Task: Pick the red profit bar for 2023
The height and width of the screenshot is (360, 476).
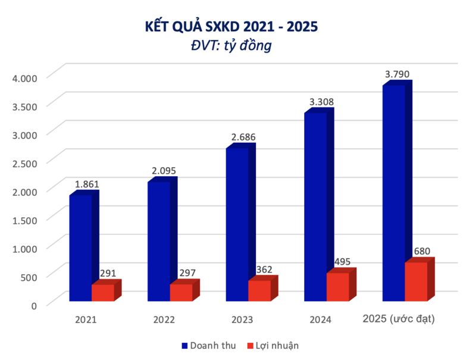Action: [259, 290]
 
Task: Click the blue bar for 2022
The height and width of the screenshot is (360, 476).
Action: [159, 241]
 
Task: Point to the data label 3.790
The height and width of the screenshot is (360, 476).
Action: [397, 74]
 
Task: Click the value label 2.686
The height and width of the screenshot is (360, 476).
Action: [243, 137]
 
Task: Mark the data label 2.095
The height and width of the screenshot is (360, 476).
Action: [164, 171]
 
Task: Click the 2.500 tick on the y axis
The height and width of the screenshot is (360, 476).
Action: [24, 162]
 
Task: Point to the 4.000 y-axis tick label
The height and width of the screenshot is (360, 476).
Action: [24, 77]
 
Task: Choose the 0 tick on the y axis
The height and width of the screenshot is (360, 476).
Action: [34, 305]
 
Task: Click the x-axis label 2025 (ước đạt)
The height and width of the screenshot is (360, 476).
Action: [399, 320]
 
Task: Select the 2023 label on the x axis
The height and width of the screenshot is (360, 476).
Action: [242, 320]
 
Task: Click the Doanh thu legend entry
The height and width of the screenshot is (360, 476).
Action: [206, 345]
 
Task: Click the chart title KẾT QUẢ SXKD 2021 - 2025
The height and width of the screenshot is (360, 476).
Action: [231, 27]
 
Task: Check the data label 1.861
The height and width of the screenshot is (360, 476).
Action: [86, 184]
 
